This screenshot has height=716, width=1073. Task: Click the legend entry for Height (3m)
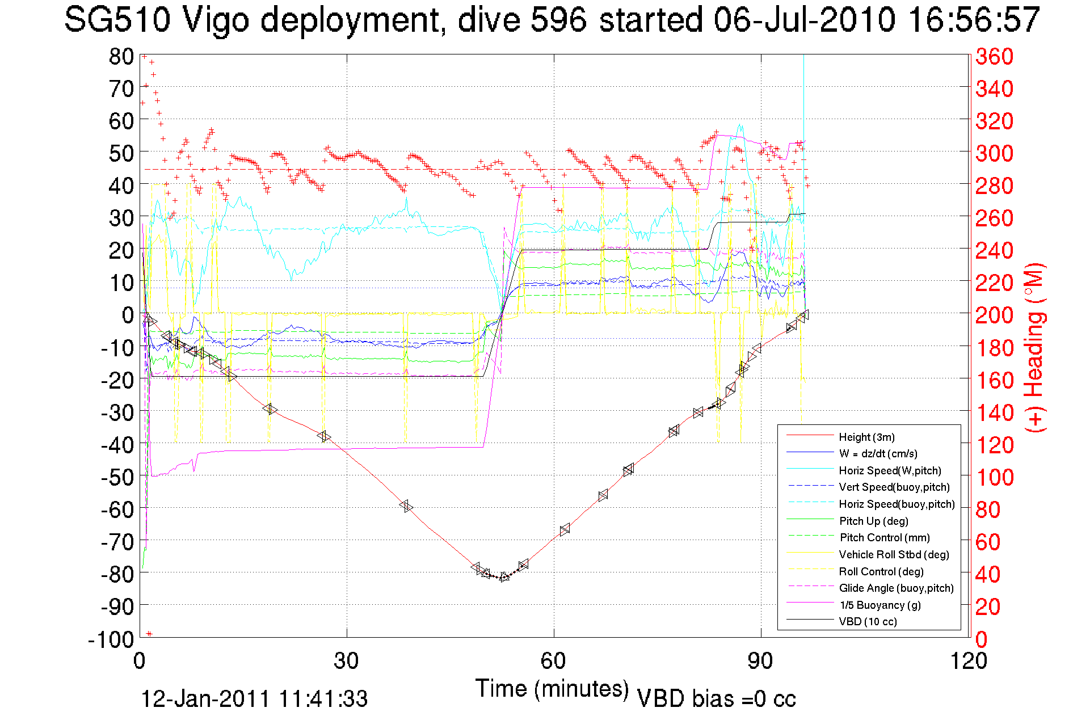[x=866, y=437]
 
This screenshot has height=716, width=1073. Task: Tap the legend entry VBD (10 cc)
[x=868, y=621]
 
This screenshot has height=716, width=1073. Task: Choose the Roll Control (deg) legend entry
[x=881, y=571]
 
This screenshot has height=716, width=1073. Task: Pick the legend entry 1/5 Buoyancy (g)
[x=880, y=605]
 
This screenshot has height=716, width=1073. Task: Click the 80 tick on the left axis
[x=121, y=56]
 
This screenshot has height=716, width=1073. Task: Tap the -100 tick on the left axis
[x=111, y=639]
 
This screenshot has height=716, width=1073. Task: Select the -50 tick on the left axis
[x=116, y=477]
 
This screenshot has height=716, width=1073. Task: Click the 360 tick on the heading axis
[x=994, y=56]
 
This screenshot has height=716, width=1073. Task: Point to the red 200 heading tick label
[x=994, y=315]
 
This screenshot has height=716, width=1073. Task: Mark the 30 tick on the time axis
[x=346, y=661]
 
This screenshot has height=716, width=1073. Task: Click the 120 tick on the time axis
[x=969, y=661]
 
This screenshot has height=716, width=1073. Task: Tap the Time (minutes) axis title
[x=552, y=689]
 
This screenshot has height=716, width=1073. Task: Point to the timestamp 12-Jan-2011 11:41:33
[x=254, y=698]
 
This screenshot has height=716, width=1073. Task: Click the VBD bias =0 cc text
[x=716, y=698]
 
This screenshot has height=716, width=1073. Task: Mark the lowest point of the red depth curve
[x=503, y=577]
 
